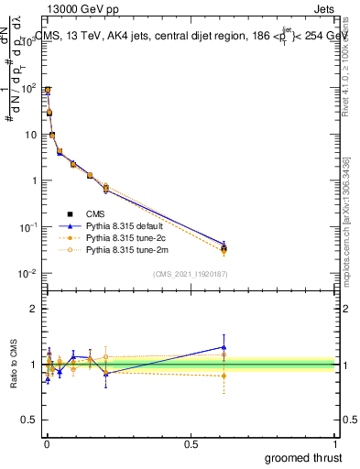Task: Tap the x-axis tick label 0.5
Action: (x=191, y=443)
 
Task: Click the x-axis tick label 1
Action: (x=336, y=443)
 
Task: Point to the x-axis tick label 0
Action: (x=46, y=443)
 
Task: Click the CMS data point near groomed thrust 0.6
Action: (x=224, y=248)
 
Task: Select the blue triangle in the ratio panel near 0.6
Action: (x=224, y=347)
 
